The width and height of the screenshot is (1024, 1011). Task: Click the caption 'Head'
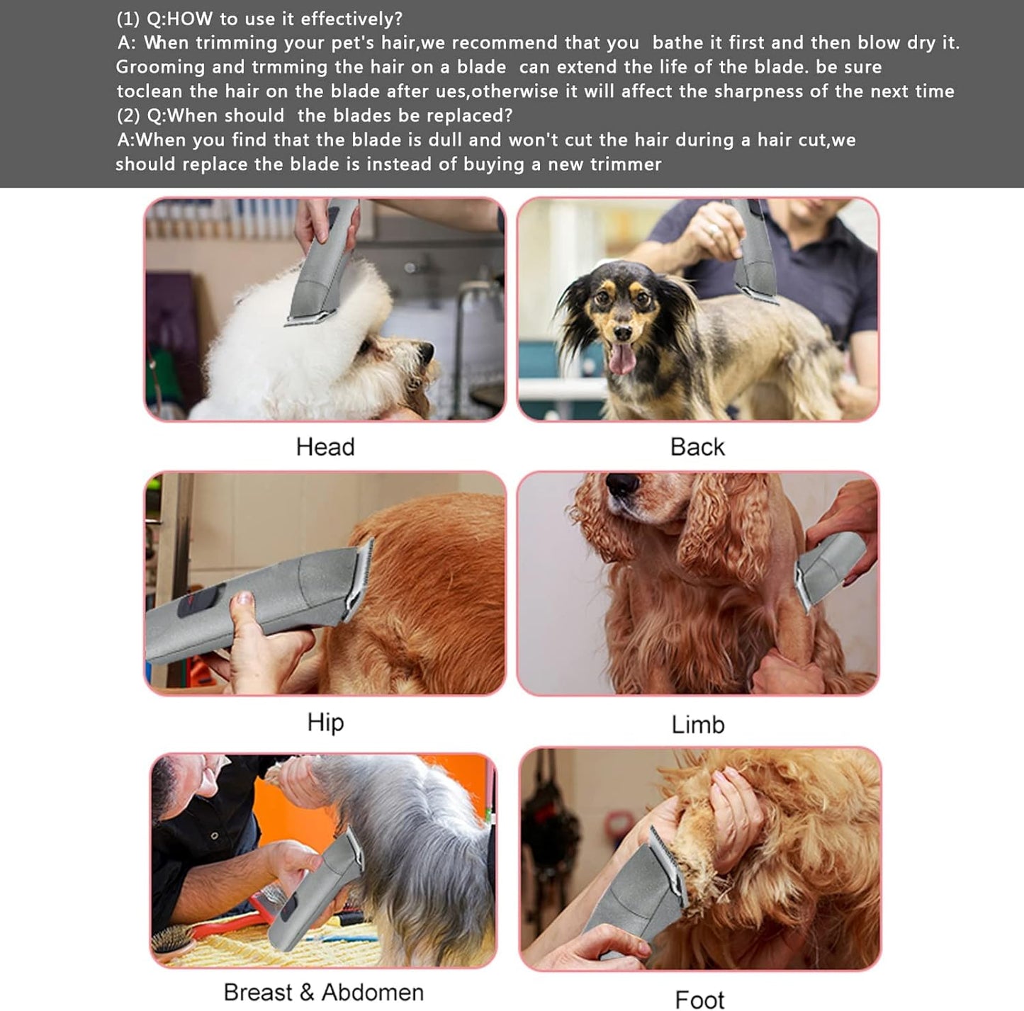pos(325,447)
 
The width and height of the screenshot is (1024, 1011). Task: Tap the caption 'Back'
pos(697,447)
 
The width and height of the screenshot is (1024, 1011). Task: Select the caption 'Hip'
pos(325,722)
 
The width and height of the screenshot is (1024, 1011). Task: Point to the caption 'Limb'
pos(698,724)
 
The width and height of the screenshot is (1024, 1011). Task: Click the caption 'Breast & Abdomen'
pos(324,992)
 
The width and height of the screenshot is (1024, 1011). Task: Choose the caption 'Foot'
pos(699,999)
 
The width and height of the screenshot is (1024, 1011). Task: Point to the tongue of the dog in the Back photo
pos(622,359)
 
